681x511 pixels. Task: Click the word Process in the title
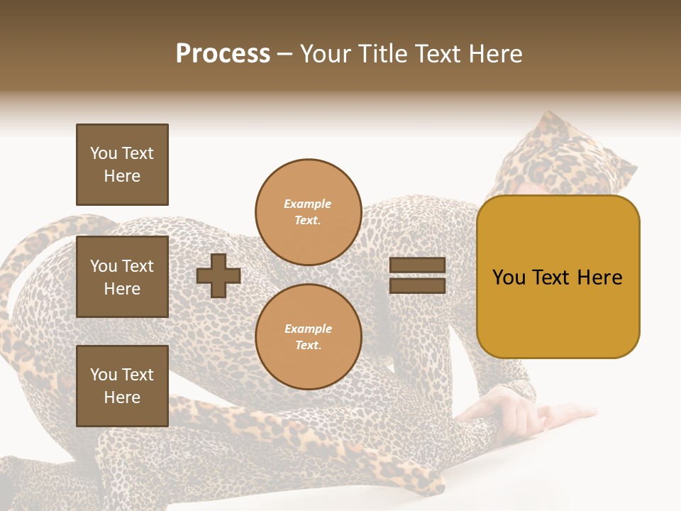[223, 54]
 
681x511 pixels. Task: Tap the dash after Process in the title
[284, 55]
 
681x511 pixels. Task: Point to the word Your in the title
[325, 54]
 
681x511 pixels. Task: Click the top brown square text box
[122, 165]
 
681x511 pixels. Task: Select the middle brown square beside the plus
[122, 277]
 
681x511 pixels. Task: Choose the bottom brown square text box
[122, 386]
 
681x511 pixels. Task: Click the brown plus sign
[218, 275]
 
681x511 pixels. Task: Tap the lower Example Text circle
[308, 337]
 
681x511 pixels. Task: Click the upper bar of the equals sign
[417, 265]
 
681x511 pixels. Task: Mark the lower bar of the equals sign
[417, 286]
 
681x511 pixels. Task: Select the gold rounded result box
[558, 277]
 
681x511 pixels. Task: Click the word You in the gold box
[509, 278]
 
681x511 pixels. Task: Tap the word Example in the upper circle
[308, 204]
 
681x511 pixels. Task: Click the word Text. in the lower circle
[308, 346]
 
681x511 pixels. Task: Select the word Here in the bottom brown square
[122, 397]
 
